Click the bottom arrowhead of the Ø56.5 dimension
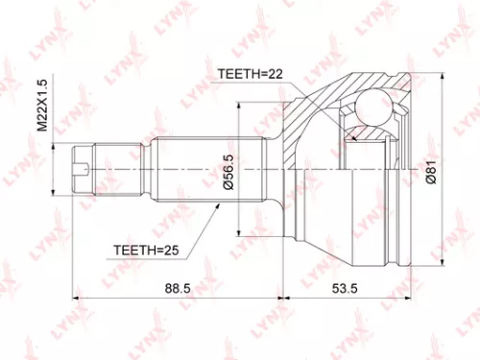point(238,231)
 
